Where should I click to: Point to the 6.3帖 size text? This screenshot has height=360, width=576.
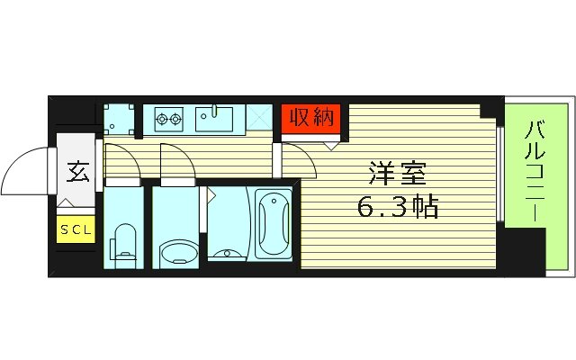(397, 209)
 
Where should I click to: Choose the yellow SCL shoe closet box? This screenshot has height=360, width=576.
(76, 229)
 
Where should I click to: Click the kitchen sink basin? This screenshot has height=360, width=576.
(217, 117)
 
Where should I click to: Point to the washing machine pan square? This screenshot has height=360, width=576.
(117, 118)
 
